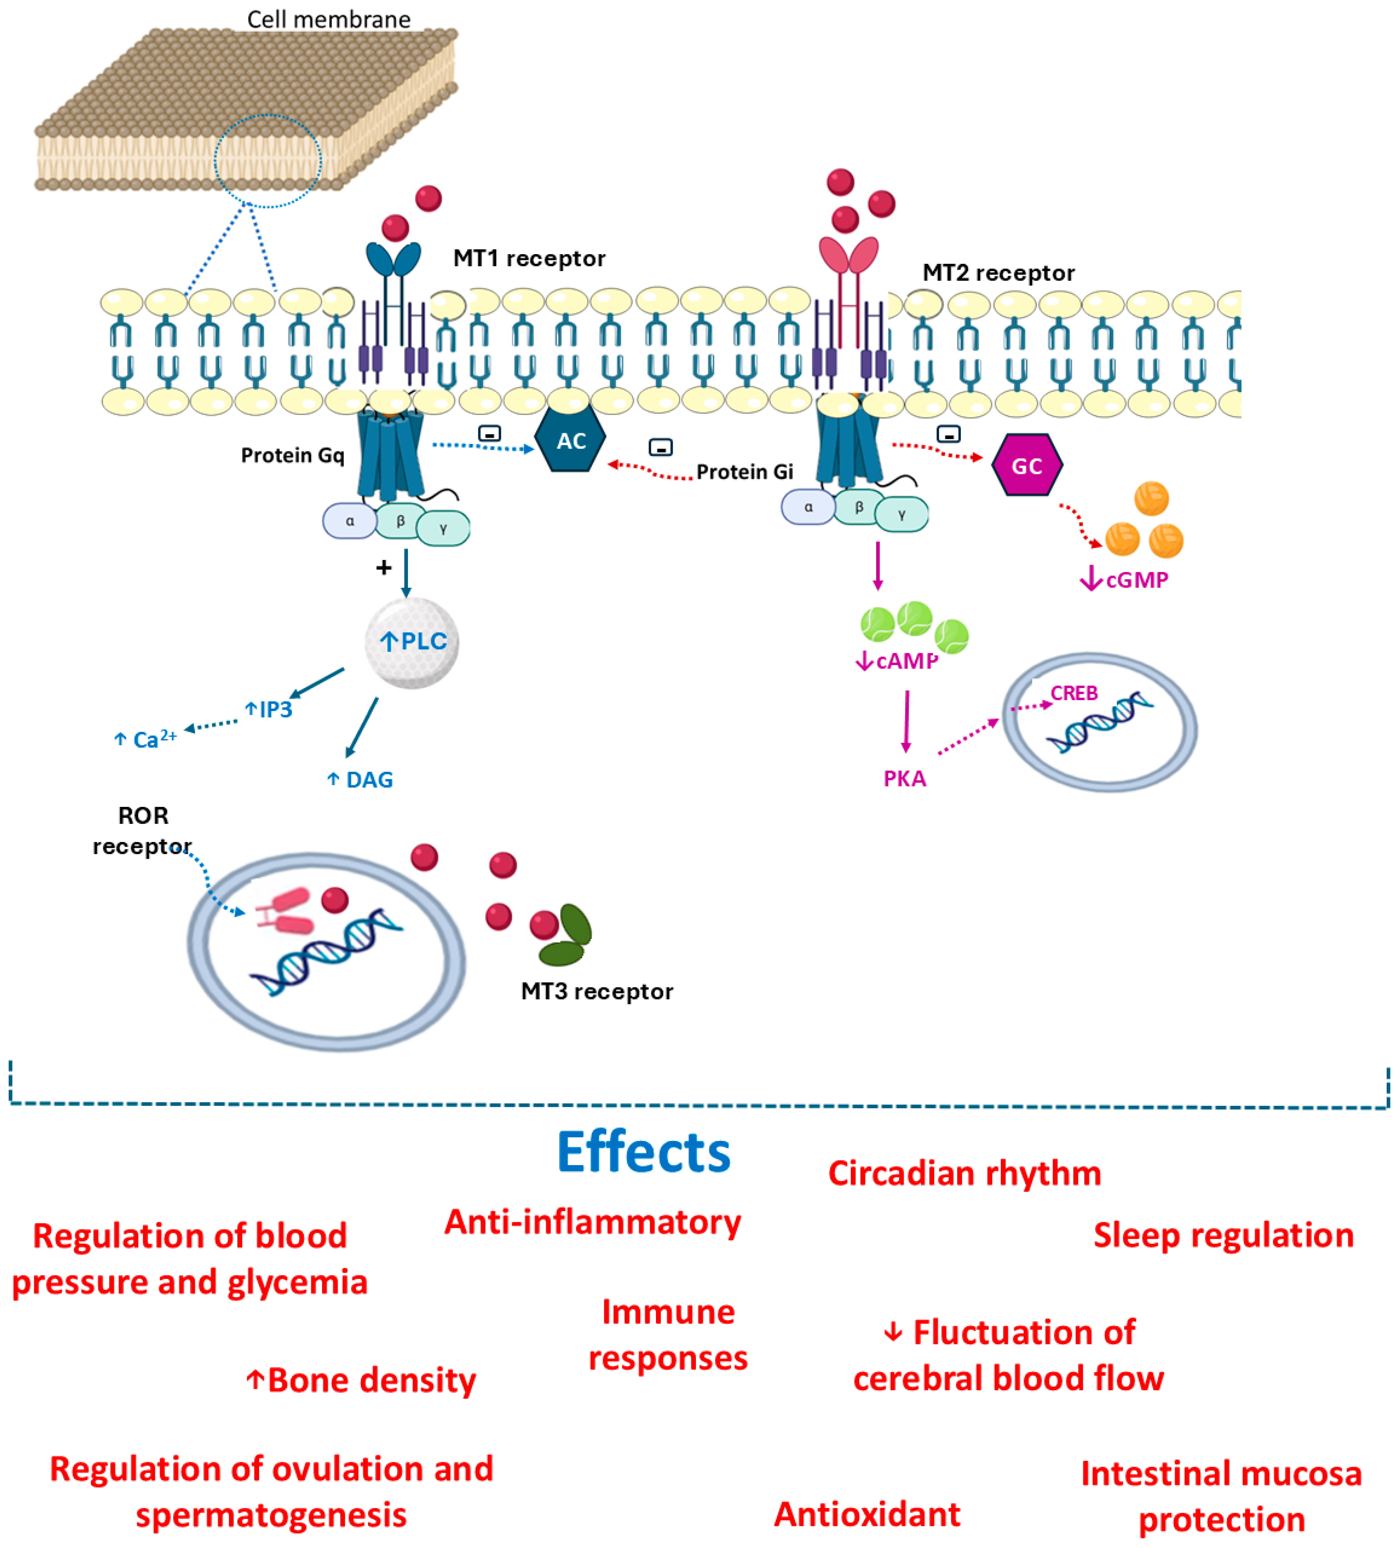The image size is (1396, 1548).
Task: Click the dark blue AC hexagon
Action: click(x=571, y=440)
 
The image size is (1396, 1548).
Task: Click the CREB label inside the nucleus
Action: click(x=1074, y=693)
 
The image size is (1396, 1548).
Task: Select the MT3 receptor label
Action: click(x=597, y=991)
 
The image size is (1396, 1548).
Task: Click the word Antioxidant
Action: click(x=867, y=1514)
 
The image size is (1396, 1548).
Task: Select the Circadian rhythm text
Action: click(x=964, y=1173)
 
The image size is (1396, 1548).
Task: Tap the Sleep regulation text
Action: click(x=1223, y=1236)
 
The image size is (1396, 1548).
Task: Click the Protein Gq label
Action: click(x=292, y=455)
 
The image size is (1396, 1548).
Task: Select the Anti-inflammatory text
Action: click(x=593, y=1222)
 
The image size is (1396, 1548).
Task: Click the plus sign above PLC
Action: click(x=383, y=567)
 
